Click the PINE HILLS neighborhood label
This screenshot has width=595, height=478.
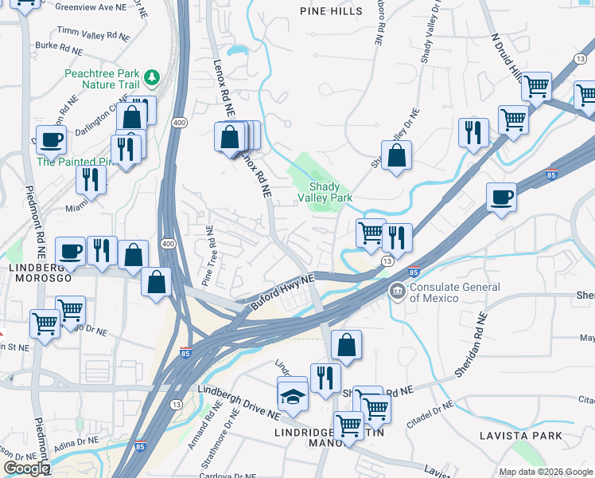(331, 11)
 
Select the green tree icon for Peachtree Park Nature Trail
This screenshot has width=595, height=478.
(151, 78)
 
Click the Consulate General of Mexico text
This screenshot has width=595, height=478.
(455, 292)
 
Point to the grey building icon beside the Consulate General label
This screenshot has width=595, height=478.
(396, 292)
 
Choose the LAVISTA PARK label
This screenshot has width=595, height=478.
(521, 436)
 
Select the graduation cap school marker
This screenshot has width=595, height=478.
(292, 396)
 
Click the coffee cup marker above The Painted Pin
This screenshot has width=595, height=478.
(51, 139)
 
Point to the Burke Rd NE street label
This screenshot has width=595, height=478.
(59, 48)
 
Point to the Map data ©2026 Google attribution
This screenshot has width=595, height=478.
(545, 471)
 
